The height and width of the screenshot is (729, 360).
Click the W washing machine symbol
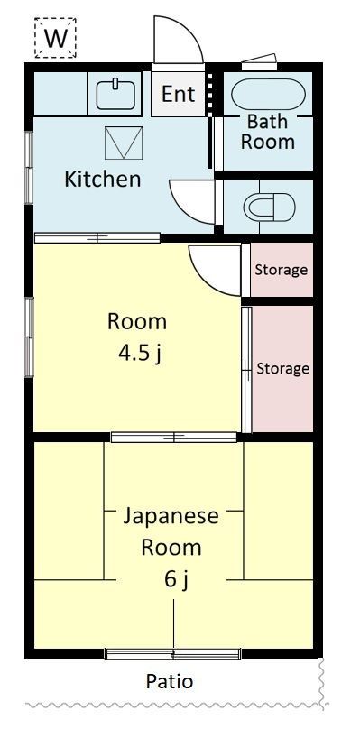55,38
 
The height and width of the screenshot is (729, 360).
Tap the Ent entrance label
178,95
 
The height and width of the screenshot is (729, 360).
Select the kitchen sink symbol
115,94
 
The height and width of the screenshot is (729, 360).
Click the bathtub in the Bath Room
268,94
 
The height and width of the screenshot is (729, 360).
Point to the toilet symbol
269,207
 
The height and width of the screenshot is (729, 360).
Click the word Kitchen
102,179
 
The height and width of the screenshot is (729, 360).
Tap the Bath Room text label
268,132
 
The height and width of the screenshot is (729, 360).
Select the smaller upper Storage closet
282,270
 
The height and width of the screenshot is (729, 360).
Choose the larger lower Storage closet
282,369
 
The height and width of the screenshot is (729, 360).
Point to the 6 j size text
176,579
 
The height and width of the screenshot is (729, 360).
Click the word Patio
170,681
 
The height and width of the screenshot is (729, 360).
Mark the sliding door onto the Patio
173,654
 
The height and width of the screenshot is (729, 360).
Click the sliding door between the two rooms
174,437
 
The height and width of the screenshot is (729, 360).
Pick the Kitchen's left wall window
29,168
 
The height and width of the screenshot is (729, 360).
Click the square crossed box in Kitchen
124,143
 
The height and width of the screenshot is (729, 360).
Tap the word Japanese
171,517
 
